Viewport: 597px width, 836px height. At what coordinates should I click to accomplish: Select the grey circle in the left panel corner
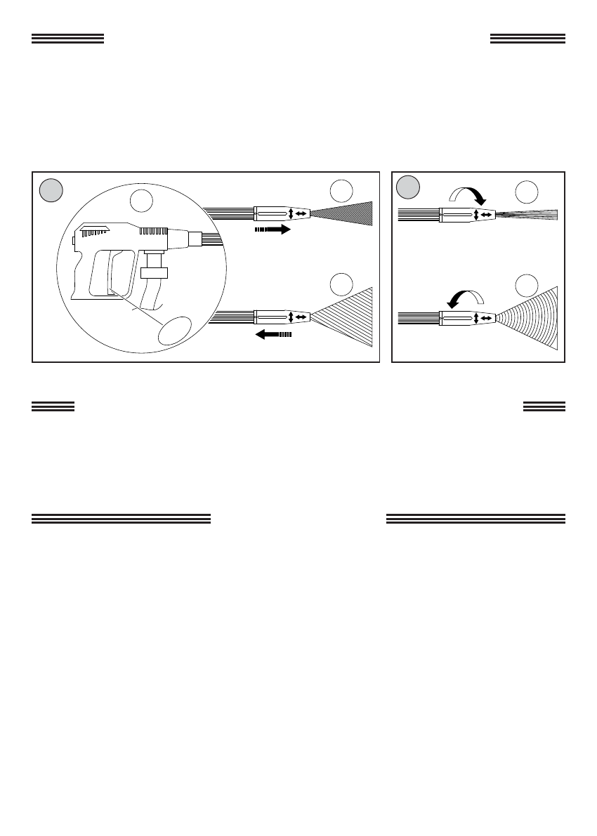(x=51, y=190)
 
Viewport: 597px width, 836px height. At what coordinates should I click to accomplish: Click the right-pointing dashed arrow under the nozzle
(x=272, y=230)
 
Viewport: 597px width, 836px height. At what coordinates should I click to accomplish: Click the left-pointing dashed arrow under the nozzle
(x=273, y=335)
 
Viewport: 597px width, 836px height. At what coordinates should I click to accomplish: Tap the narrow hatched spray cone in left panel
(x=344, y=213)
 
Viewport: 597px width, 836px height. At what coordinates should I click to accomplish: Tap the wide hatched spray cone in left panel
(x=344, y=318)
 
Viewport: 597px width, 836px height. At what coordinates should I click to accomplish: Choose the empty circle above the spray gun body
(x=143, y=201)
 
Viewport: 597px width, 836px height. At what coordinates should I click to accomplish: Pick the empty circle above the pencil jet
(x=527, y=192)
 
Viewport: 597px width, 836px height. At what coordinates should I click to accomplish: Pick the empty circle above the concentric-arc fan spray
(x=527, y=286)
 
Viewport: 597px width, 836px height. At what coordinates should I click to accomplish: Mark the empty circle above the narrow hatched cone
(x=341, y=191)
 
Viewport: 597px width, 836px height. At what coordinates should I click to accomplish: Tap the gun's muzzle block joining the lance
(x=194, y=239)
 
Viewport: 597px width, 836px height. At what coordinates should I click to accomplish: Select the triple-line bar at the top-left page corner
(x=67, y=39)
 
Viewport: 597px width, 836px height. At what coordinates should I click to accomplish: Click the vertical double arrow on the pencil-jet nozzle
(x=477, y=215)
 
